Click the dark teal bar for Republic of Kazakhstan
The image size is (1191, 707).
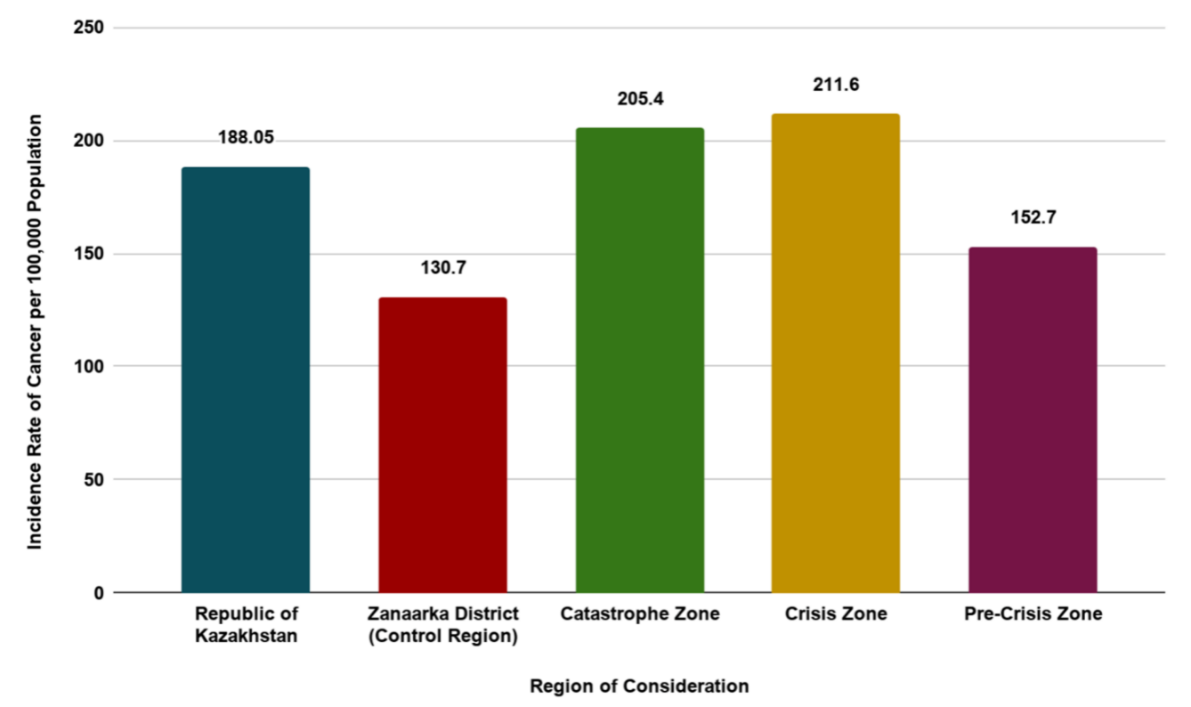coord(246,380)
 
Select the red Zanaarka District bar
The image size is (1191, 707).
coord(442,445)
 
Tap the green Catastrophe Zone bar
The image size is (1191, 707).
coord(639,361)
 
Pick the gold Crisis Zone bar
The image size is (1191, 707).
coord(835,353)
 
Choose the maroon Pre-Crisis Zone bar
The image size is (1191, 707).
coord(1033,420)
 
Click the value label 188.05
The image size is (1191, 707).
coord(246,138)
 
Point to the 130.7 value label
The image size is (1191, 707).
coord(442,267)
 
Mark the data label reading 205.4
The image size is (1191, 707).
coord(640,99)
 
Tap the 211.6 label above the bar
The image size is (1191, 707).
coord(836,85)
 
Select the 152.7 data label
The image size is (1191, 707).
coord(1033,217)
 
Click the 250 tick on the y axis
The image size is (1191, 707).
coord(91,28)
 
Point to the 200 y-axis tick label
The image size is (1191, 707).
coord(91,141)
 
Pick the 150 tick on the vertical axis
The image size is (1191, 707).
coord(91,254)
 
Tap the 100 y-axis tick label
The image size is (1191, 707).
coord(91,366)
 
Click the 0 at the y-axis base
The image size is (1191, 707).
coord(99,592)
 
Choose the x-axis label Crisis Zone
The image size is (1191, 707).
coord(836,614)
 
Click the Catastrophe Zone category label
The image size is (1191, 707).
coord(640,614)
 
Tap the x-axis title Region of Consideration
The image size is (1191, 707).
coord(639,687)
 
